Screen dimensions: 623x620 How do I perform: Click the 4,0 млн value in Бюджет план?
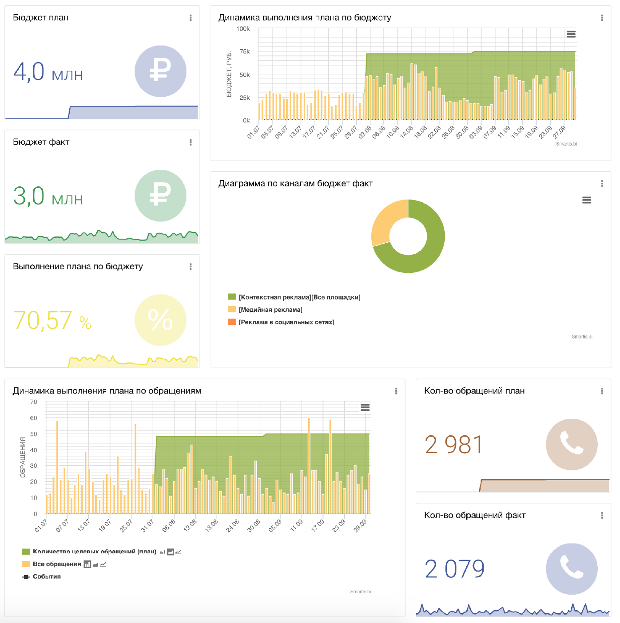(48, 72)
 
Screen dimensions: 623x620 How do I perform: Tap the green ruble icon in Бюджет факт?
(160, 196)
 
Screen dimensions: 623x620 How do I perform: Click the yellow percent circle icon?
(160, 320)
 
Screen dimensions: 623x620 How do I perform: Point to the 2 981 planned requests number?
(453, 445)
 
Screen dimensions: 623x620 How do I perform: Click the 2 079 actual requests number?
(454, 569)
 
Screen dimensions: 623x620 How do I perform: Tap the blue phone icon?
(572, 569)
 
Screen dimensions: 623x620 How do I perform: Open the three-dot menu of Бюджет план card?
(191, 18)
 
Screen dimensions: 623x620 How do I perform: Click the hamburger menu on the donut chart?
(587, 200)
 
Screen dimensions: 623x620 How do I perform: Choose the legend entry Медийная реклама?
(270, 310)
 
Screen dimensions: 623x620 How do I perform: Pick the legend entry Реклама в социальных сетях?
(286, 322)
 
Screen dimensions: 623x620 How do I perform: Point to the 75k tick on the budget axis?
(245, 51)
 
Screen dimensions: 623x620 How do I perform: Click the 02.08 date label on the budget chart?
(365, 132)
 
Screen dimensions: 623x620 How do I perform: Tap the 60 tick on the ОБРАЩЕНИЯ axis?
(34, 418)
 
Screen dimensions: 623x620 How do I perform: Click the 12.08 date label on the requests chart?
(190, 525)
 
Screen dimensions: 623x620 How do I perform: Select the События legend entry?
(46, 576)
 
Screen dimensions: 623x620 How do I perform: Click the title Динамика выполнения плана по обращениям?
(107, 391)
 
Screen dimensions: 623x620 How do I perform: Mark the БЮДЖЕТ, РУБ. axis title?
(229, 75)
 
